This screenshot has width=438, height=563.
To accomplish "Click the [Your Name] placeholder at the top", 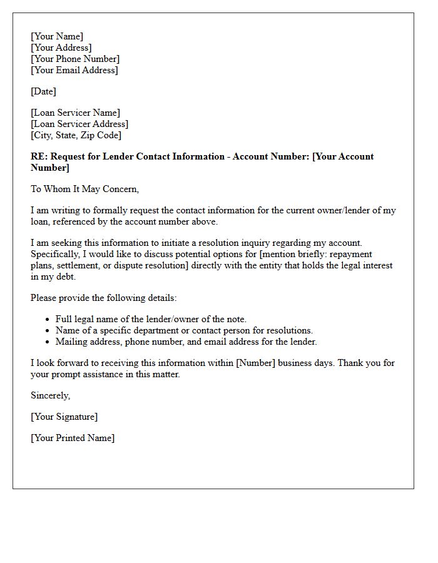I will click(x=57, y=36).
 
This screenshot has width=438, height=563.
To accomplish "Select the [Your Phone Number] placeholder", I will click(x=75, y=59).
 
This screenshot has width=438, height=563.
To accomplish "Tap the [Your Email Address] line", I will click(x=74, y=70).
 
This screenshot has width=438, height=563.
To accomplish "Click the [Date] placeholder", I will click(x=43, y=91).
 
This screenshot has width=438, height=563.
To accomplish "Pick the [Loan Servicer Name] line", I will click(x=75, y=113).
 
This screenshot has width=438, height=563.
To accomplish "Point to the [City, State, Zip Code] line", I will click(x=76, y=135).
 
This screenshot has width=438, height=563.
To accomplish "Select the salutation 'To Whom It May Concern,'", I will click(x=85, y=189).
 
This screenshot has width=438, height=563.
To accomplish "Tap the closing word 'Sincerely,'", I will click(x=51, y=395).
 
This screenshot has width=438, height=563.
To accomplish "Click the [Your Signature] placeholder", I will click(x=64, y=417).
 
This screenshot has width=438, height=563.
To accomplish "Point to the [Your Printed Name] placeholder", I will click(x=73, y=438).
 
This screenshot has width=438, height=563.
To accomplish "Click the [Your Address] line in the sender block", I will click(x=61, y=48).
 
